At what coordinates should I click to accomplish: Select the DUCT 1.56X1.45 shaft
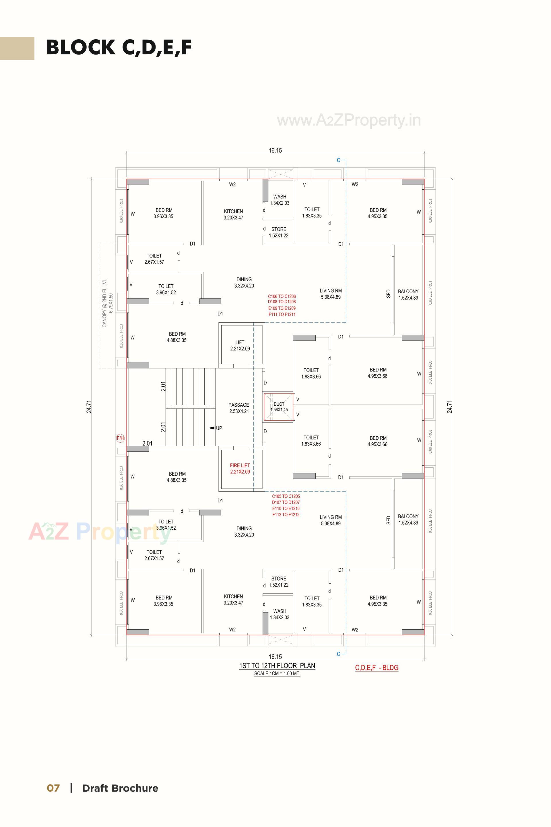point(279,407)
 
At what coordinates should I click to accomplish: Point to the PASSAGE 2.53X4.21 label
point(239,408)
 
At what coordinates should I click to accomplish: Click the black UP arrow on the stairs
point(212,428)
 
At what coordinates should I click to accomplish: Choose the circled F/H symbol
point(121,438)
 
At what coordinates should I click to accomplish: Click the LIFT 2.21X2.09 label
point(240,346)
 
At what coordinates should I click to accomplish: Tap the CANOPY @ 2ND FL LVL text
point(104,303)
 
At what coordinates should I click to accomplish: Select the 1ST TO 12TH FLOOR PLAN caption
point(277,666)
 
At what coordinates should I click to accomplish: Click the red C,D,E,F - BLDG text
point(377,668)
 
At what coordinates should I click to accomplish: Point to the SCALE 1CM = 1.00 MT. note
point(277,674)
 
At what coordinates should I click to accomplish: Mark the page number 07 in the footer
point(53,788)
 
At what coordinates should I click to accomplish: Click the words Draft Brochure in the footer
point(120,788)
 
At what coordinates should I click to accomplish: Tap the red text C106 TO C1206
point(282,296)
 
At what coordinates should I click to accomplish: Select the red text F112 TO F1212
point(286,515)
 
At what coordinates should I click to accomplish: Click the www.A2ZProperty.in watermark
point(349,120)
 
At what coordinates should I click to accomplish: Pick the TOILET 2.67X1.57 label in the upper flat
point(154,259)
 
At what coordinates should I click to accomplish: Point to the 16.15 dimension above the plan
point(275,151)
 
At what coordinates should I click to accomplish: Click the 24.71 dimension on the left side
point(89,407)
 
